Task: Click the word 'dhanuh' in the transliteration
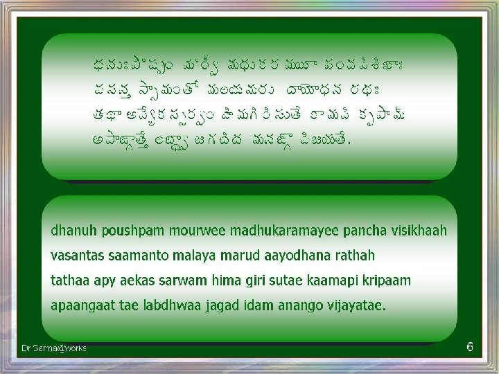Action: coord(70,230)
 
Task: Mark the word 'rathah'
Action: coord(354,255)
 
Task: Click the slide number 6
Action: coord(470,346)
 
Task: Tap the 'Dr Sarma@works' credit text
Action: coord(54,348)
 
